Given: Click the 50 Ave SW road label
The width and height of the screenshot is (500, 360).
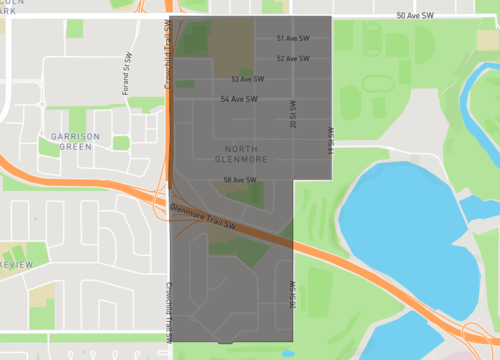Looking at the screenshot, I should point(415,16).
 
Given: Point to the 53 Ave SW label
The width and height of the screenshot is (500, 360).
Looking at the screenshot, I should point(247,79).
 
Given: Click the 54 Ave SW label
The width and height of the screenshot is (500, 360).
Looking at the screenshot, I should point(239,99).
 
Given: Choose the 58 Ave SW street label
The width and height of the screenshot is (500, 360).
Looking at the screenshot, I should point(240,180).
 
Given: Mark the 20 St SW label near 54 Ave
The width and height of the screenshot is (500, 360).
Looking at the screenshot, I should point(293,113).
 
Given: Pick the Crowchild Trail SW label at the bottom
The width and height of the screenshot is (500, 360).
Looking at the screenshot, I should point(168,320).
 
